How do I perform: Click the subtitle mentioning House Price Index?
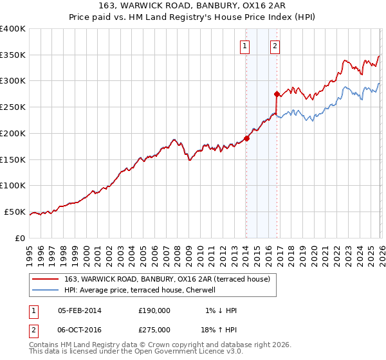pyautogui.click(x=192, y=17)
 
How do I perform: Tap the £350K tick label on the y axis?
pyautogui.click(x=13, y=55)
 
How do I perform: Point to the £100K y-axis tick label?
pyautogui.click(x=13, y=186)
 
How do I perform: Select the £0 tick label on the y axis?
pyautogui.click(x=19, y=238)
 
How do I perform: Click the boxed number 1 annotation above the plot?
pyautogui.click(x=245, y=46)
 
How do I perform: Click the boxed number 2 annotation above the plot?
pyautogui.click(x=275, y=46)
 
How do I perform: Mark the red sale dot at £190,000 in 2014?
pyautogui.click(x=246, y=138)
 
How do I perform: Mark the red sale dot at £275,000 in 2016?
pyautogui.click(x=277, y=94)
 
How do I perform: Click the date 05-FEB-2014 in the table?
pyautogui.click(x=80, y=310)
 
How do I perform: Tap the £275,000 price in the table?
pyautogui.click(x=154, y=328)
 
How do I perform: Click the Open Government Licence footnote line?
pyautogui.click(x=136, y=352)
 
